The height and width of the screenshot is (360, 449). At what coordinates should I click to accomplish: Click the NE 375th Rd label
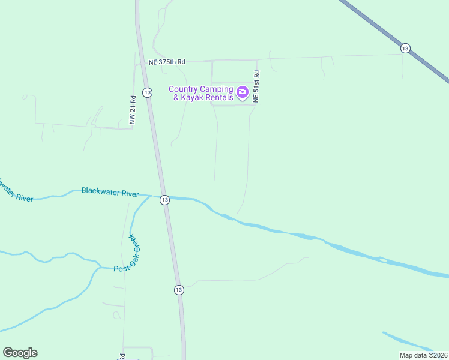(x=167, y=62)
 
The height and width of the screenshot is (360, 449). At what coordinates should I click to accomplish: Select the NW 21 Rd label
(x=133, y=110)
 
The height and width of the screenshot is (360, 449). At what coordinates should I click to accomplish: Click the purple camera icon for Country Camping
(x=243, y=92)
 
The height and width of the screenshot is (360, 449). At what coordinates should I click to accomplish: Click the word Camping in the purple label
(x=216, y=89)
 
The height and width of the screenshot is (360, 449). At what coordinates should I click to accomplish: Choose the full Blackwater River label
(x=110, y=193)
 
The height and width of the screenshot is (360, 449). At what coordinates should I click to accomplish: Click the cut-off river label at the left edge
(x=14, y=192)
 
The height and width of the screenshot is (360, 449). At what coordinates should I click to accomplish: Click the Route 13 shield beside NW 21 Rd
(x=147, y=92)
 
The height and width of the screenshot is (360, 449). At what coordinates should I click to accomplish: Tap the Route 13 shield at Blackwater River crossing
(x=164, y=200)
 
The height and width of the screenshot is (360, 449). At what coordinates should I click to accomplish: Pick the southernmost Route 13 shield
(x=179, y=290)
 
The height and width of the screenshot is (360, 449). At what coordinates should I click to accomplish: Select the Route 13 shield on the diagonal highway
(x=405, y=48)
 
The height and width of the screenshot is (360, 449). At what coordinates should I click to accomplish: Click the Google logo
(x=20, y=353)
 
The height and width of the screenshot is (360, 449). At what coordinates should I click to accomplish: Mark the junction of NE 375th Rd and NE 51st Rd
(x=258, y=60)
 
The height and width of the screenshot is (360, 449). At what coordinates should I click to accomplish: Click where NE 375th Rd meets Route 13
(x=142, y=62)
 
